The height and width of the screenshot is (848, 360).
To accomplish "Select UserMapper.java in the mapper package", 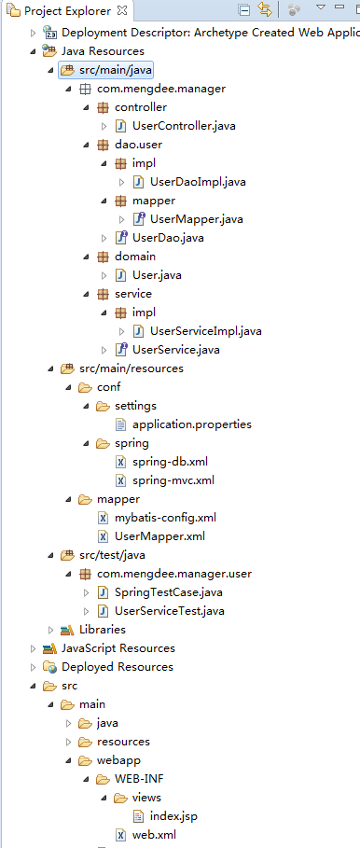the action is (x=196, y=219).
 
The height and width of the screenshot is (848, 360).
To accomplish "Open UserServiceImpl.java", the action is (x=205, y=331).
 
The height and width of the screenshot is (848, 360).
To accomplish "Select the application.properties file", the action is (x=192, y=424).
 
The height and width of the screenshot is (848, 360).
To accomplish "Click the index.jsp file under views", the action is (x=173, y=816).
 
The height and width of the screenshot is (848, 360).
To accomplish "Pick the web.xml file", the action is (x=154, y=835).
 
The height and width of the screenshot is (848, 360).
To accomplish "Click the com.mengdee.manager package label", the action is (x=161, y=89).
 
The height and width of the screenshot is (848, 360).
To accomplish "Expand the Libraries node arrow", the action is (x=51, y=630).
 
